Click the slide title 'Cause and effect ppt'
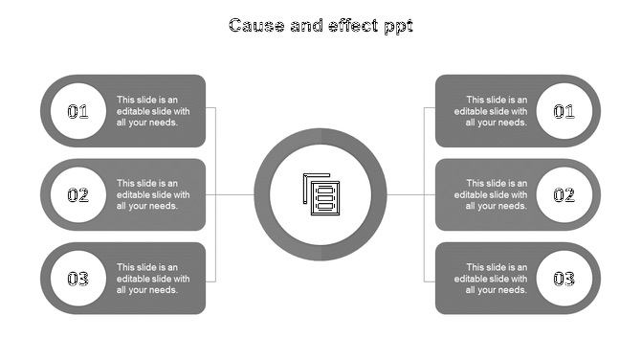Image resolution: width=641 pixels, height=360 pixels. click(320, 26)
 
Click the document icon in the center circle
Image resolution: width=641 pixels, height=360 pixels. click(321, 194)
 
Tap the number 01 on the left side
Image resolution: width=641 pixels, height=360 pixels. click(77, 111)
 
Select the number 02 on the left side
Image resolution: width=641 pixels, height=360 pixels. click(77, 195)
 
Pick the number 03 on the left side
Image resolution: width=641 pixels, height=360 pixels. click(77, 279)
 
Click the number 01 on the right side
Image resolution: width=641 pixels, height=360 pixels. click(564, 111)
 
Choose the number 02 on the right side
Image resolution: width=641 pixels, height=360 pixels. click(564, 195)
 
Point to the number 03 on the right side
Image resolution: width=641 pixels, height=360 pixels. click(564, 279)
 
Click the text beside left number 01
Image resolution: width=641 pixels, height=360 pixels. click(153, 111)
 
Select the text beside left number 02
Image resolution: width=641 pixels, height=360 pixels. click(153, 194)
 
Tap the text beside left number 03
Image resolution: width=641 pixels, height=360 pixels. click(153, 279)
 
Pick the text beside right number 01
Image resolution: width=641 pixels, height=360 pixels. click(490, 111)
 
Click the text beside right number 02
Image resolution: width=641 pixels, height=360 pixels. click(490, 194)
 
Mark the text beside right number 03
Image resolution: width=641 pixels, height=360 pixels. click(490, 279)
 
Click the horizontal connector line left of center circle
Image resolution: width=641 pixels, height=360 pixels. click(235, 194)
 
